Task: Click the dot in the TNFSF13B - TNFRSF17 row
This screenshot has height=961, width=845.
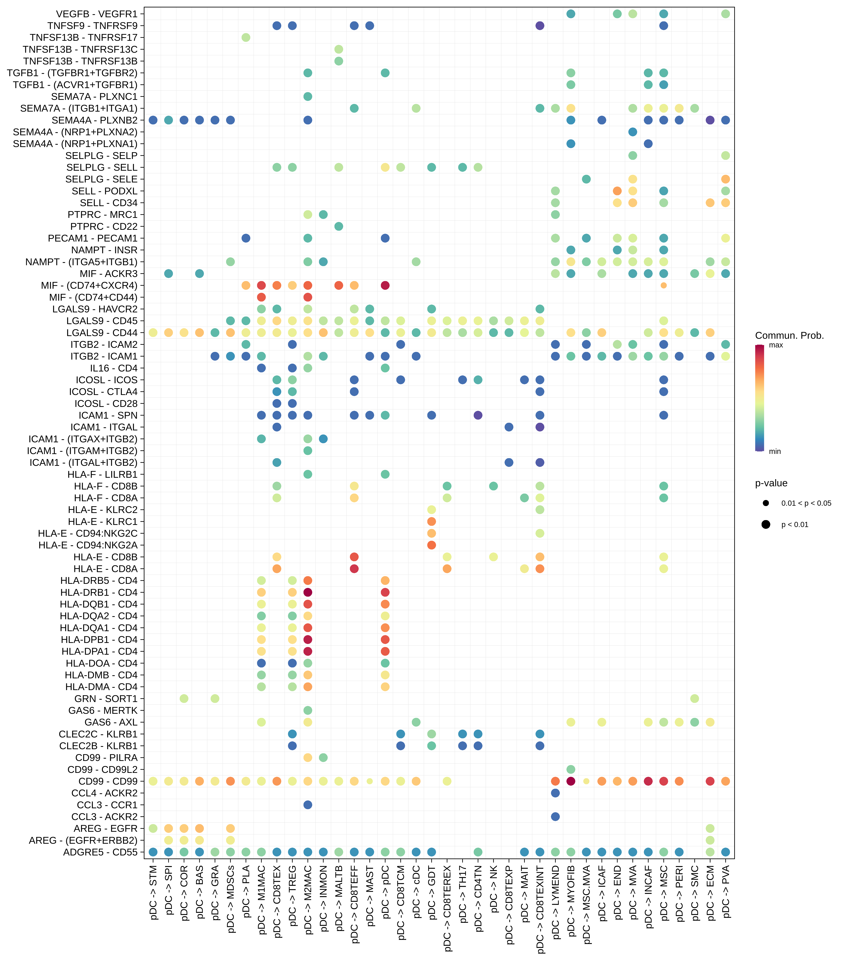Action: (x=245, y=38)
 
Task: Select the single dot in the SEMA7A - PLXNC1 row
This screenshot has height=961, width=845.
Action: (x=308, y=96)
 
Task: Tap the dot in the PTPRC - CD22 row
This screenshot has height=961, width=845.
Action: (x=338, y=226)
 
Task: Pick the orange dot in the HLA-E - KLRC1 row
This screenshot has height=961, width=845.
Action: (x=431, y=521)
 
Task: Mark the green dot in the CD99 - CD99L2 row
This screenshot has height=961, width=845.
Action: (x=571, y=769)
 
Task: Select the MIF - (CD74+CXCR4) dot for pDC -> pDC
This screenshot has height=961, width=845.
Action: (x=385, y=285)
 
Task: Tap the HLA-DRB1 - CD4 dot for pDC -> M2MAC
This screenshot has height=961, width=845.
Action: (x=308, y=592)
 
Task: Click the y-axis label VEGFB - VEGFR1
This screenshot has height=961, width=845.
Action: (x=96, y=14)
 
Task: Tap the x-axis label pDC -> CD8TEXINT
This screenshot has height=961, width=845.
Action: (x=540, y=910)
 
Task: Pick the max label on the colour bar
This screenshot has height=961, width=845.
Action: (x=775, y=345)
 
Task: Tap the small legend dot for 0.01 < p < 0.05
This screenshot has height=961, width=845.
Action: (x=766, y=503)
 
